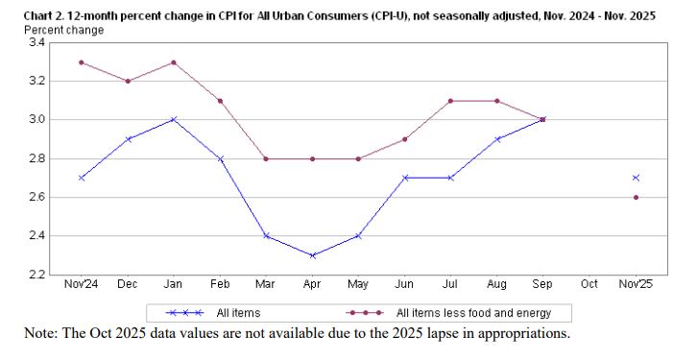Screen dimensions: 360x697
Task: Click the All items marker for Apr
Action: pos(312,255)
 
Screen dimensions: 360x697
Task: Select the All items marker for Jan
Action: pos(173,120)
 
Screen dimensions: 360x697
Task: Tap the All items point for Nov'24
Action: pos(81,178)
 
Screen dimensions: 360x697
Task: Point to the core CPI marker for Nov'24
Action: pos(81,62)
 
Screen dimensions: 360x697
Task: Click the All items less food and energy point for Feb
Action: pos(219,101)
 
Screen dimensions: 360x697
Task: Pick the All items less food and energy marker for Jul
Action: pos(450,101)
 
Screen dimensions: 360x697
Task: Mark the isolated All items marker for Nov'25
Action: pos(636,178)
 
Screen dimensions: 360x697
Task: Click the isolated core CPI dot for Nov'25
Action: pos(636,197)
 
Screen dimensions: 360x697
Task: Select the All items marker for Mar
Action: pos(265,236)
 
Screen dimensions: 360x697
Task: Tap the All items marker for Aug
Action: pos(496,139)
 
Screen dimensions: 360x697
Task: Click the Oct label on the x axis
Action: pos(589,284)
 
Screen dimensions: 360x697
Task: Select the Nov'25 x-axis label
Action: pos(636,284)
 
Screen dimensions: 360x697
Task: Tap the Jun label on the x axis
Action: pos(404,284)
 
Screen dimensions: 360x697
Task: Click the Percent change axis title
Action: pos(63,30)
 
